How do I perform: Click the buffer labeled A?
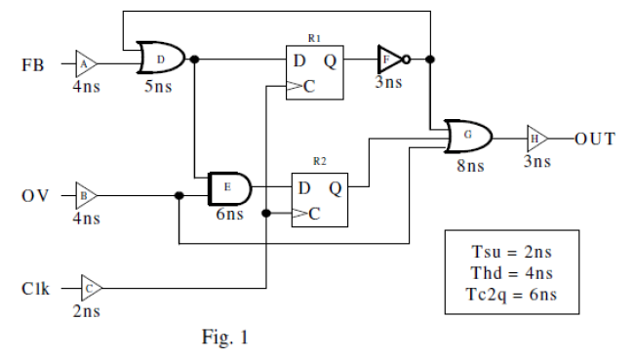click(85, 64)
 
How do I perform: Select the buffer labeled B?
click(85, 195)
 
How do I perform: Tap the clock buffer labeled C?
click(89, 288)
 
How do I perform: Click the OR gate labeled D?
click(159, 60)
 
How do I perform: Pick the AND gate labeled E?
click(228, 186)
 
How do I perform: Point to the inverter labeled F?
click(389, 60)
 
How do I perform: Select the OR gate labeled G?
click(466, 138)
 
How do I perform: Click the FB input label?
click(33, 65)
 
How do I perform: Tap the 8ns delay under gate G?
click(469, 167)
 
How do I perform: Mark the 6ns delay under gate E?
click(229, 215)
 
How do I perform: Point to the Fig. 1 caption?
click(224, 339)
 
